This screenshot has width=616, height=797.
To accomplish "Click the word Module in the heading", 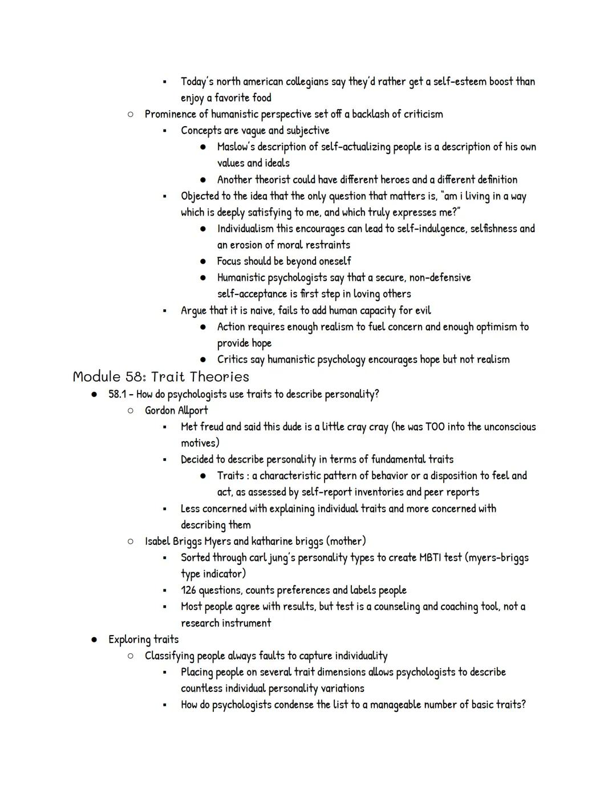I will click(x=96, y=377).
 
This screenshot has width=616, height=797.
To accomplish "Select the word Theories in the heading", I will click(x=220, y=377).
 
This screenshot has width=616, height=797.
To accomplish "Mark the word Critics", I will click(x=233, y=359).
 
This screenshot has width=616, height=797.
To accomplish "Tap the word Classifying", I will click(x=172, y=656).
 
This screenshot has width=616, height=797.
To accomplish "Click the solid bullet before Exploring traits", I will click(x=94, y=640).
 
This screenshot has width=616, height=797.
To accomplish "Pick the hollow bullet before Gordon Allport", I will click(x=130, y=410).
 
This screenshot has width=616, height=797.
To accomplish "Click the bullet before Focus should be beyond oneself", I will click(x=202, y=261).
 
